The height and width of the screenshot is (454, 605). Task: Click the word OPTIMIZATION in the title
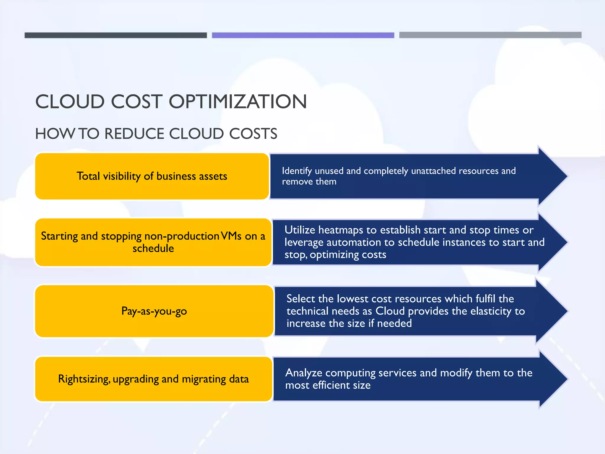coord(238,102)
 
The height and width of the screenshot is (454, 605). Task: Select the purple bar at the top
coord(303,35)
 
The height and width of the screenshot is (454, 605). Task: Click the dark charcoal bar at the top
coord(116,35)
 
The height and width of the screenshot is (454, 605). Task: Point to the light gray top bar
coord(490,35)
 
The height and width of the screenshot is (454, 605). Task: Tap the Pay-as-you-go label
coord(154,311)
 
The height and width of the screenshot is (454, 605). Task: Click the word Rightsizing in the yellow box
coord(84,379)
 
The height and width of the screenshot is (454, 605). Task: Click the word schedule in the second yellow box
coord(153,248)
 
